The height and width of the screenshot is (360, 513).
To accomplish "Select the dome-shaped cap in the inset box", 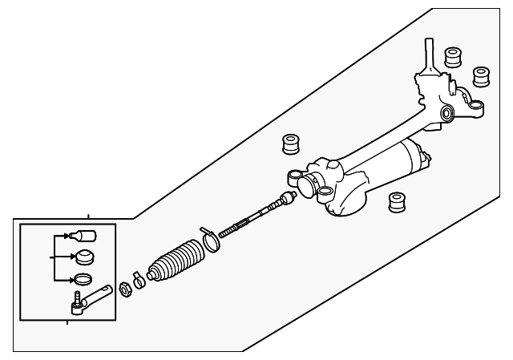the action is coord(84,258).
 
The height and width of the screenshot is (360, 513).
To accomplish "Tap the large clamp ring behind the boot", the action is coord(211,240).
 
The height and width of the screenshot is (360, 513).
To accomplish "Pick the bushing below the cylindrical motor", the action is coord(395,203).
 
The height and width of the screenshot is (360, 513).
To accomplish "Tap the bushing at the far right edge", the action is coord(482,76).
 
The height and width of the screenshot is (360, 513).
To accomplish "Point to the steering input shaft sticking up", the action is coord(430,55).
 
